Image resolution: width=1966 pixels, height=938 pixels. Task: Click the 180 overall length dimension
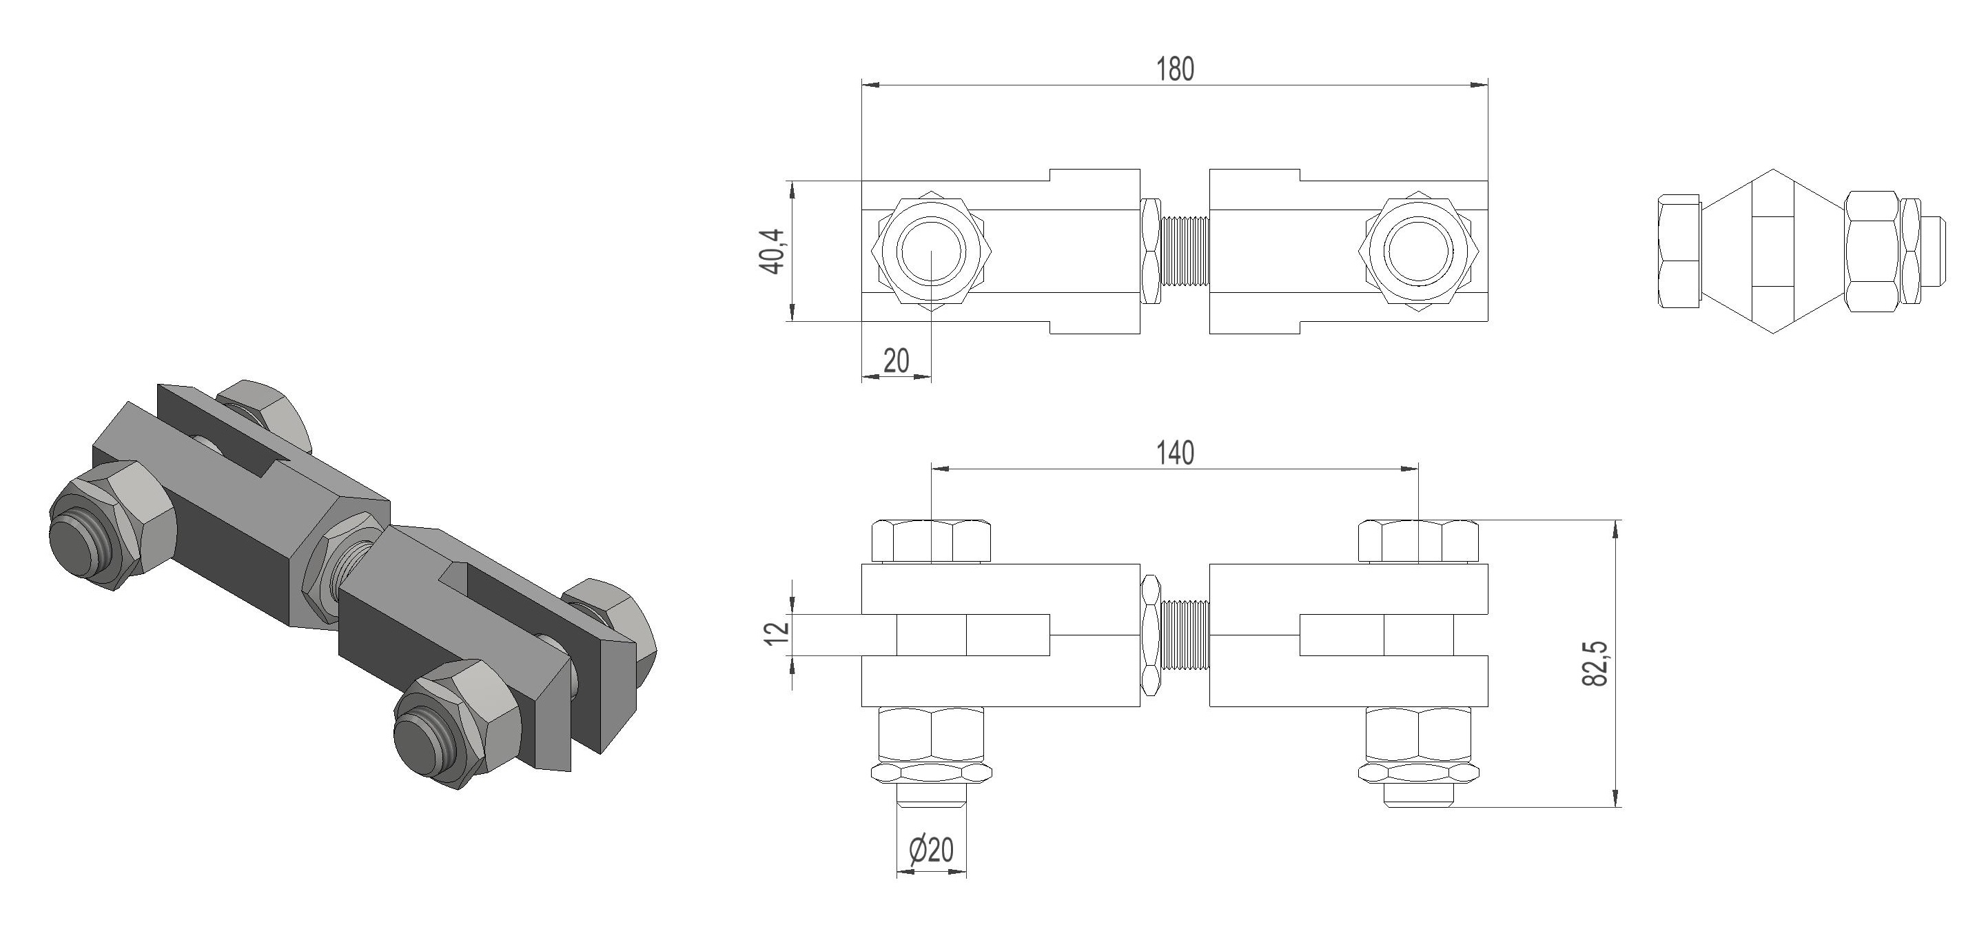(x=1174, y=70)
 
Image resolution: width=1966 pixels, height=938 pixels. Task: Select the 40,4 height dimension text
(x=772, y=251)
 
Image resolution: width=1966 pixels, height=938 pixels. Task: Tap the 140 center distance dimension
(x=1174, y=453)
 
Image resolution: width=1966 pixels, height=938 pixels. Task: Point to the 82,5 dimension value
(x=1595, y=662)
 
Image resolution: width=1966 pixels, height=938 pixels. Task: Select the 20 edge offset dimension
(x=897, y=360)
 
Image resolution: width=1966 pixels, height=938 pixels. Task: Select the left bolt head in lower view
(x=931, y=542)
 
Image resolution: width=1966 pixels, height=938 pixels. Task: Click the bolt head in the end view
(x=1679, y=251)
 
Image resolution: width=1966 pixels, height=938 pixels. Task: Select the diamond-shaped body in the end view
(x=1772, y=251)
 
